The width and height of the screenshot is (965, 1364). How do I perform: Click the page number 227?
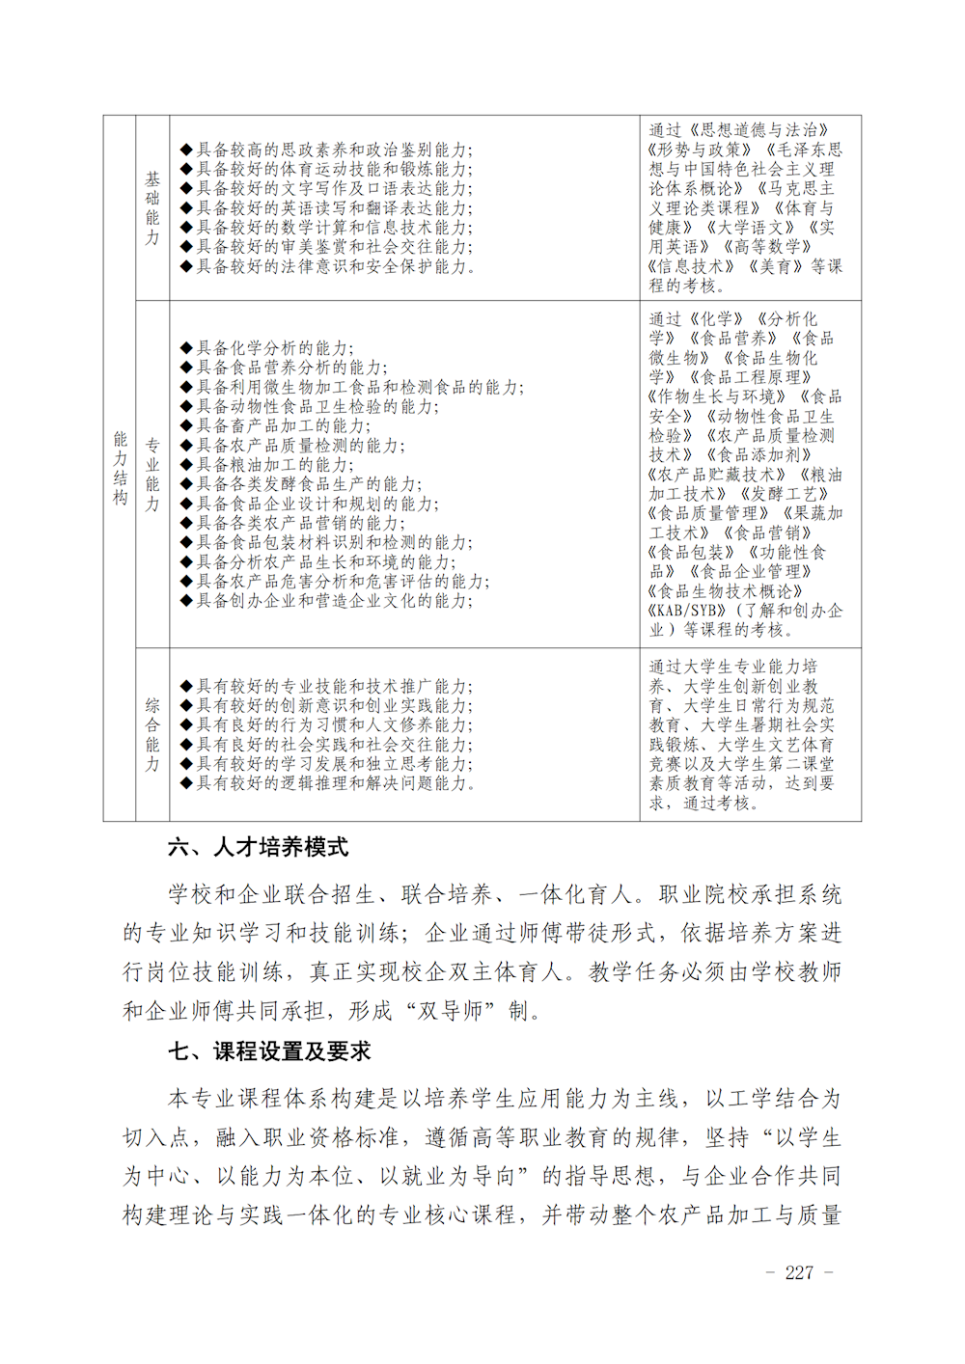point(799,1272)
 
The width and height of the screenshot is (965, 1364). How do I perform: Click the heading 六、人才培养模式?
point(258,847)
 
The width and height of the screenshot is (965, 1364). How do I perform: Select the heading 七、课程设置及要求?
point(269,1050)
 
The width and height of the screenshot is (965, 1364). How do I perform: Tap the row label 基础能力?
point(152,207)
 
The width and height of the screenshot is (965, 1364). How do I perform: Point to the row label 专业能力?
point(152,474)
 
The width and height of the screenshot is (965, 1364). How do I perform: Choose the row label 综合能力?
point(152,734)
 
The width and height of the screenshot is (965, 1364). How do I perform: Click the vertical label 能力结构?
point(120,468)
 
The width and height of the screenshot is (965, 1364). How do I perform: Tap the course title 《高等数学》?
point(768,247)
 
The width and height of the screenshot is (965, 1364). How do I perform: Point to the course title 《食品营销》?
point(768,532)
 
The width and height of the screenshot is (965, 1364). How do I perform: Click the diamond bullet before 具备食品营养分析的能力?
point(186,368)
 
